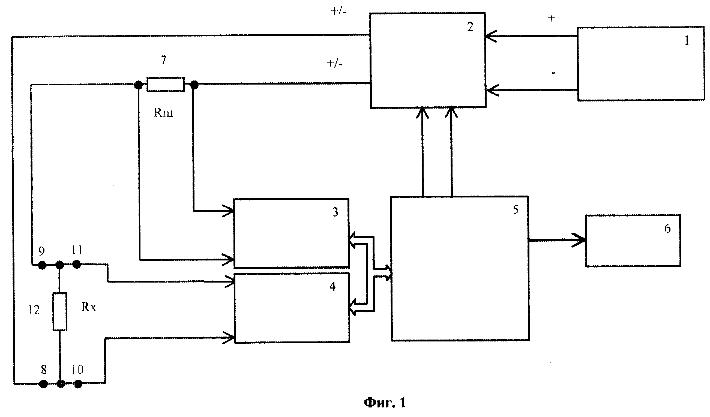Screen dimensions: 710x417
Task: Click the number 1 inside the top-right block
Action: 687,41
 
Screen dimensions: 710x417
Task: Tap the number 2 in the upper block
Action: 470,27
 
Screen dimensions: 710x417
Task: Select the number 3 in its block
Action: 335,212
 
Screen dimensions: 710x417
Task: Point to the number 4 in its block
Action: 332,287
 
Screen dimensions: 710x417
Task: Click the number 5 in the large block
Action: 516,209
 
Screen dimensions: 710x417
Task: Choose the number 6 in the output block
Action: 667,228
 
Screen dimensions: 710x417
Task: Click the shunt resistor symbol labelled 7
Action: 166,84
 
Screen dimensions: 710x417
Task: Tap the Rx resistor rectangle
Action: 60,312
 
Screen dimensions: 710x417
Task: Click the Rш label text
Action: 163,113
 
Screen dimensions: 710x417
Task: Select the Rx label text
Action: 88,307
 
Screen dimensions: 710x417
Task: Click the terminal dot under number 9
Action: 42,265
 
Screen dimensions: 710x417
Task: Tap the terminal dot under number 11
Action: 77,265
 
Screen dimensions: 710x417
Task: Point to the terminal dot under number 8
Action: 43,384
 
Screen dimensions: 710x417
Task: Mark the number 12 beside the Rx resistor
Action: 34,310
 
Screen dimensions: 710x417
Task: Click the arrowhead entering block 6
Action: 579,240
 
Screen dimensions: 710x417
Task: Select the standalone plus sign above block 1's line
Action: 551,19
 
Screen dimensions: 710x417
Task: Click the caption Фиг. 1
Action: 385,403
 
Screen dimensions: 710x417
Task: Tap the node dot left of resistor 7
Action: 138,85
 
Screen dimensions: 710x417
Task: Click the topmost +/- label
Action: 339,12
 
